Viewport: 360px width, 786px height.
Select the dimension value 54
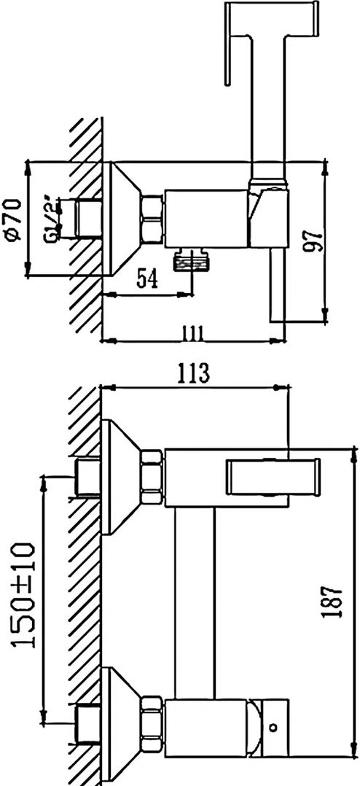tap(148, 279)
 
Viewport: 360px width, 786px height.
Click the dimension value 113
tap(192, 373)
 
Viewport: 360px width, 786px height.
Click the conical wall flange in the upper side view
tap(120, 219)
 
